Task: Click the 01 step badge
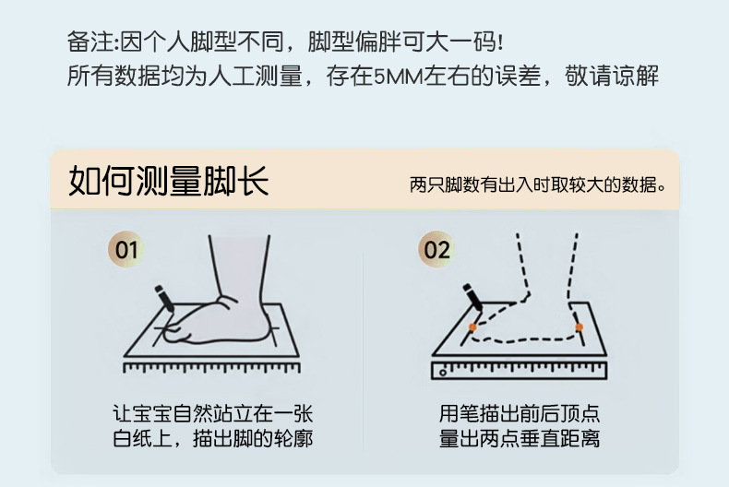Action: [126, 249]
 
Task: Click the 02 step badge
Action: [436, 249]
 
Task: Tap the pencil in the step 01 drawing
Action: [164, 299]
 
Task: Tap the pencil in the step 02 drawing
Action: [472, 297]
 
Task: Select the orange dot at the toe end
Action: [472, 327]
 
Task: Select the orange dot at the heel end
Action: [579, 327]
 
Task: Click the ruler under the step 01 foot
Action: [211, 368]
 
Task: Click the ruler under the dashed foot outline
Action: [520, 371]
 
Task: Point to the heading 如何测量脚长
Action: [169, 181]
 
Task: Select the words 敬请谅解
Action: [612, 77]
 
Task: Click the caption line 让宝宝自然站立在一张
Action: [213, 413]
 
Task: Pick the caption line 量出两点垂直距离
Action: [520, 438]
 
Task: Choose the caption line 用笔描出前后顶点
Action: [520, 413]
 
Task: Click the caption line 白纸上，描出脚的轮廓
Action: [213, 438]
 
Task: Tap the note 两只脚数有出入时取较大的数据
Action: [537, 185]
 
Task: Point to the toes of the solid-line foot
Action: [173, 331]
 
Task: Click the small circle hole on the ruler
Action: [443, 373]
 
